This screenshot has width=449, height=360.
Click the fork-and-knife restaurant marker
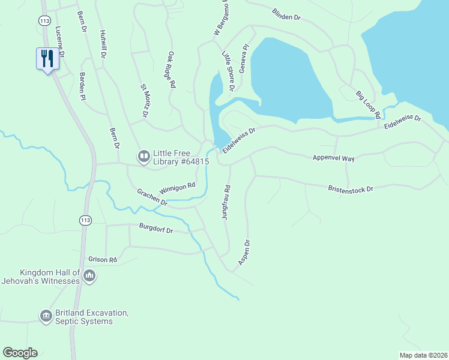point(47,59)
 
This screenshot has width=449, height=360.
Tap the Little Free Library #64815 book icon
point(144,157)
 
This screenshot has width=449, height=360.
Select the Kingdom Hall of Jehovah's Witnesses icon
point(89,277)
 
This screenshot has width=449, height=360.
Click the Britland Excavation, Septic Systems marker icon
point(46,316)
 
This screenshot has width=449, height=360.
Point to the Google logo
point(20,353)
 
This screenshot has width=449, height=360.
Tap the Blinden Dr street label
point(286,14)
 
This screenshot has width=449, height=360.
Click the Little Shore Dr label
point(228,71)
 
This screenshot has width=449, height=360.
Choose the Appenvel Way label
point(334,158)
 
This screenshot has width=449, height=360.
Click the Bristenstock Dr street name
point(351,188)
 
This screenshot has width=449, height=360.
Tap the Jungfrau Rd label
point(227,202)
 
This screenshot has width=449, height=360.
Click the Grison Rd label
point(103,260)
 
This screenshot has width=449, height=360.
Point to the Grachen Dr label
point(151,198)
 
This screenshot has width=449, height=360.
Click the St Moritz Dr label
point(145,101)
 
